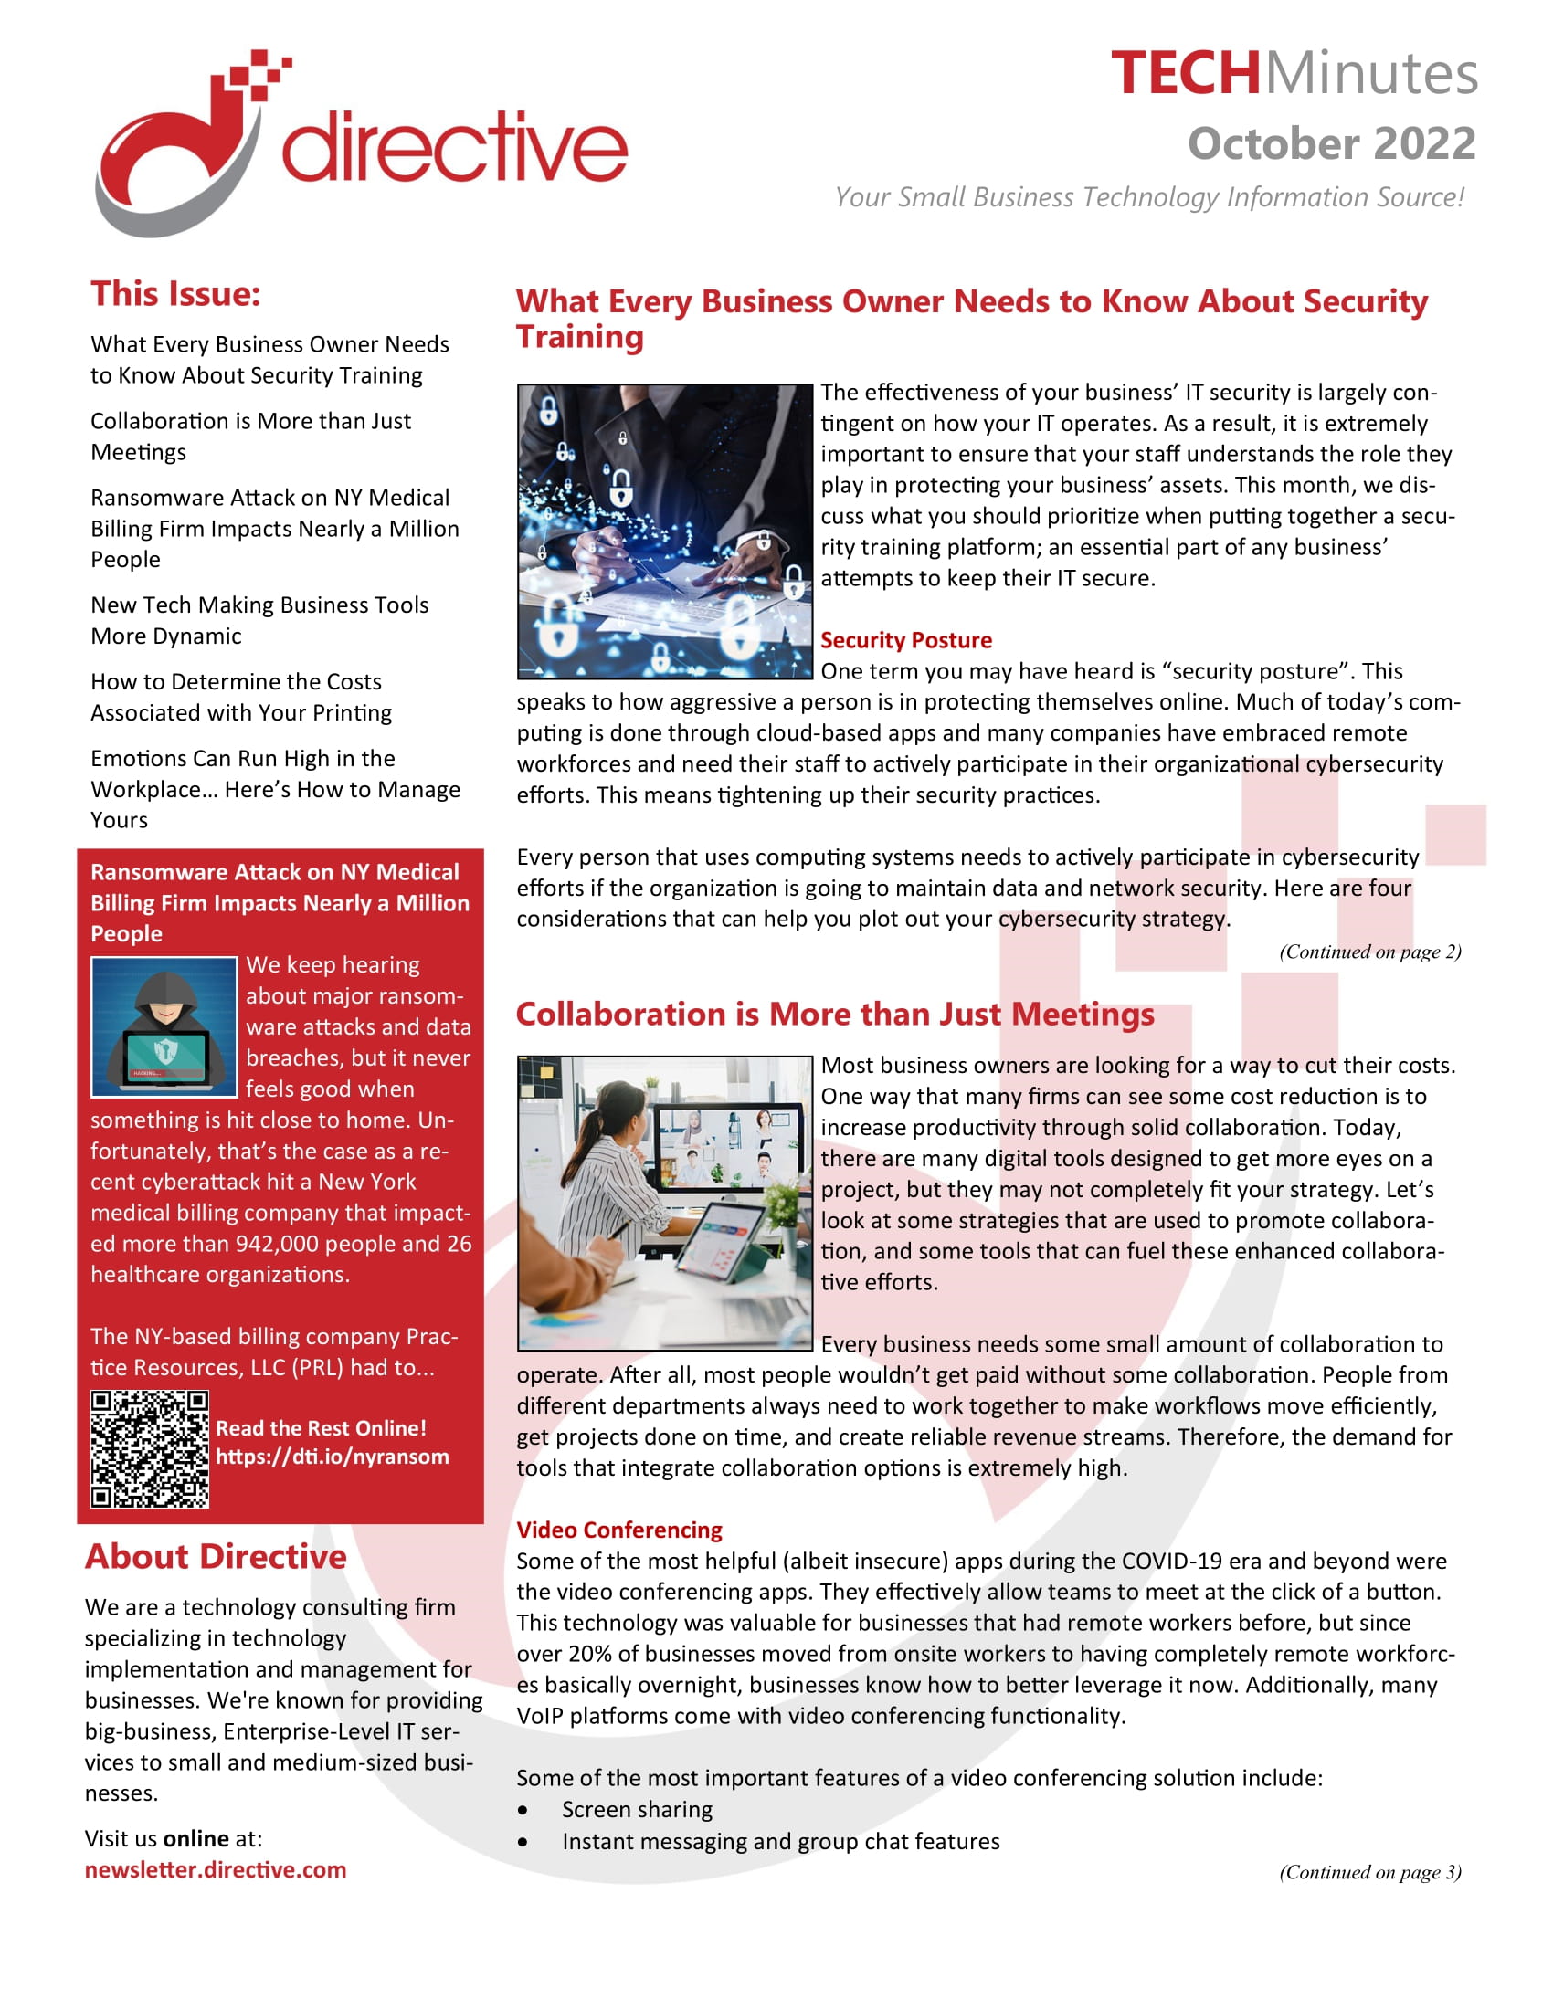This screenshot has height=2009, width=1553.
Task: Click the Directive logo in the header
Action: (x=359, y=144)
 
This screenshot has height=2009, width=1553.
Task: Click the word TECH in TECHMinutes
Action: (x=1184, y=74)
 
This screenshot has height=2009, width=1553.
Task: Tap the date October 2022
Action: (x=1330, y=144)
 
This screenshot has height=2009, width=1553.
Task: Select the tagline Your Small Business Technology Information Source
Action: (x=1148, y=197)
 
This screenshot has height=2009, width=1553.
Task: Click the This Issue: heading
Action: (x=174, y=294)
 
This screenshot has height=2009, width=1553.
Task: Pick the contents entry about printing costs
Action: (x=241, y=698)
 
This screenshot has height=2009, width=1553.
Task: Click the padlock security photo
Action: (x=664, y=531)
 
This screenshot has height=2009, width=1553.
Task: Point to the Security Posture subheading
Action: (x=905, y=640)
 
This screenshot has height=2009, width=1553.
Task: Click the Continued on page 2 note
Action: (x=1369, y=952)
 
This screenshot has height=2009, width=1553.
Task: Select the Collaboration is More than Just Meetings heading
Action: (x=834, y=1014)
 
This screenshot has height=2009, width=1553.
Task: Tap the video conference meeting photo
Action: (x=664, y=1203)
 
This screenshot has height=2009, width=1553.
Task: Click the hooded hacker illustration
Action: (x=164, y=1026)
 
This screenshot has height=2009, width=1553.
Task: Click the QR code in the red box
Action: (x=150, y=1449)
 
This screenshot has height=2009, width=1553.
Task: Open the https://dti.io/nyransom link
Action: (x=333, y=1457)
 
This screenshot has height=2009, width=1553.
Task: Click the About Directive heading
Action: (x=216, y=1556)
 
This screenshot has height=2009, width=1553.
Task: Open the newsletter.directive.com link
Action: (x=216, y=1870)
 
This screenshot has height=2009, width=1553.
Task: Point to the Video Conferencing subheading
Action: (x=619, y=1530)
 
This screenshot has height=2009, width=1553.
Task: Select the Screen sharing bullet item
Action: (x=637, y=1809)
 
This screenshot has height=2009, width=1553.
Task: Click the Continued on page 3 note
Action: (x=1369, y=1872)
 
